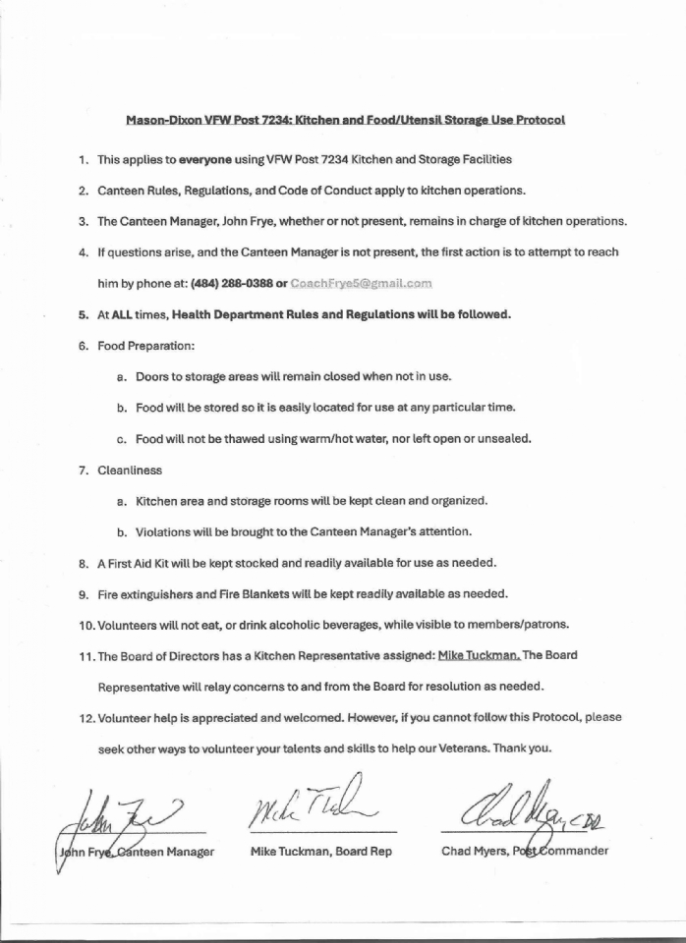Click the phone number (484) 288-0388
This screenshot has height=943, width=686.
pos(230,284)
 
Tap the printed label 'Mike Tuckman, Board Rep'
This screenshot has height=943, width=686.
pos(321,851)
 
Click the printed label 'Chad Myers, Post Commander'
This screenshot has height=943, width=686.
pos(524,851)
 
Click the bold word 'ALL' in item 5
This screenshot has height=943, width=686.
pos(126,315)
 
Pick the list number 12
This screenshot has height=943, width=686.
pos(84,717)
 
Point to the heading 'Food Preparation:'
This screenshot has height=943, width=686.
pos(145,346)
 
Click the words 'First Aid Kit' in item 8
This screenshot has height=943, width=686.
pos(142,563)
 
